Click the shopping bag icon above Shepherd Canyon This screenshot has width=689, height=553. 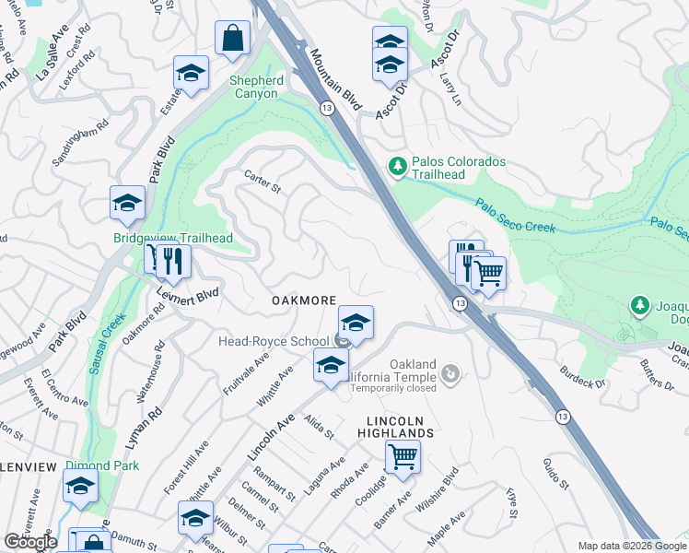[233, 39]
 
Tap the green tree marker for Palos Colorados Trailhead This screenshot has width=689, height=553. [397, 167]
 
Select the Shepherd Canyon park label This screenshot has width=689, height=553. [253, 87]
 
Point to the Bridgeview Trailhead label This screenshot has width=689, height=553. [172, 239]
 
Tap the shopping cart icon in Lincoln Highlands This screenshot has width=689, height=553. [403, 456]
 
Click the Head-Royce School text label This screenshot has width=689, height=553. [273, 341]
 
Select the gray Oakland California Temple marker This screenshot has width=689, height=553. [450, 373]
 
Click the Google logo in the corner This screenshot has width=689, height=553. [30, 542]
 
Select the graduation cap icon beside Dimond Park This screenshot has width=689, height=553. [80, 487]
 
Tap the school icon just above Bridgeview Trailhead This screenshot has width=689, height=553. [127, 204]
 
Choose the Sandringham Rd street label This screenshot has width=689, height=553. [80, 143]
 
